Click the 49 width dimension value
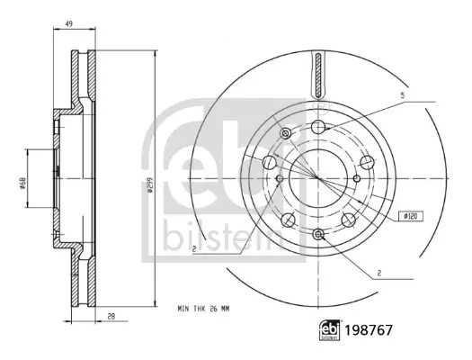tap(69, 24)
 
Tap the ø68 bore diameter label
tap(23, 183)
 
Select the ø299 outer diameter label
tap(150, 184)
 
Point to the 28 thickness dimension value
tap(111, 316)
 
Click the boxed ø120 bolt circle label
tap(411, 216)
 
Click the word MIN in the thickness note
tap(183, 309)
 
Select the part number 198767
tap(369, 330)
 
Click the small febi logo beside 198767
tap(330, 330)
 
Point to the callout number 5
tap(403, 95)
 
